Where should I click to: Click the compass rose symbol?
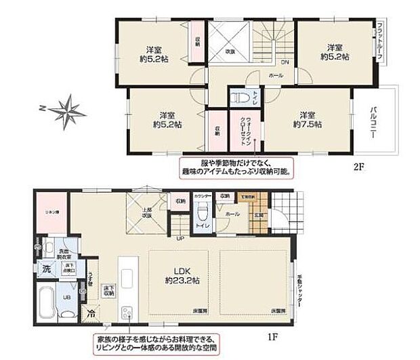[x=64, y=110]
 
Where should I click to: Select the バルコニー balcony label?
[x=373, y=122]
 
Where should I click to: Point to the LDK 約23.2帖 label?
[x=180, y=275]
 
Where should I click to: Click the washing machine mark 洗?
[x=47, y=268]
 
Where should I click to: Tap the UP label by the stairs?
[x=179, y=239]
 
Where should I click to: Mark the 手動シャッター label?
[x=299, y=289]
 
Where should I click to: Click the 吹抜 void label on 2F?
[x=230, y=50]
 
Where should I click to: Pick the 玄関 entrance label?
[x=259, y=215]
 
